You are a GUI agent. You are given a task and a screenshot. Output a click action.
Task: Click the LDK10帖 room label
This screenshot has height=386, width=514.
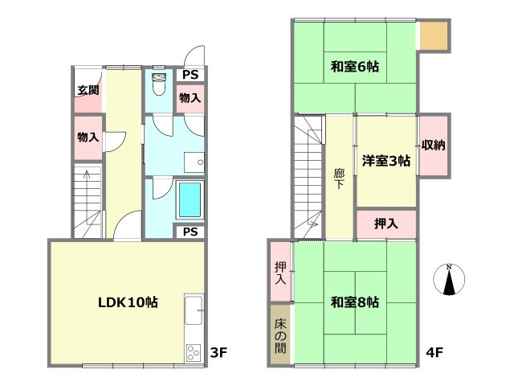tap(128, 303)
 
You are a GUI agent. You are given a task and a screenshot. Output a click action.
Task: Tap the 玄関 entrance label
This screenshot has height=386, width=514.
tap(88, 90)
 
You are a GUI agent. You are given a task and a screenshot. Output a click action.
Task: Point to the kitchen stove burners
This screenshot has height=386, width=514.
tap(194, 352)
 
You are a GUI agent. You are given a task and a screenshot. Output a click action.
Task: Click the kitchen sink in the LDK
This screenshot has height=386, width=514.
tap(194, 309)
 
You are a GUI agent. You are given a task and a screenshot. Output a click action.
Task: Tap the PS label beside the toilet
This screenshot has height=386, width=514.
tap(190, 75)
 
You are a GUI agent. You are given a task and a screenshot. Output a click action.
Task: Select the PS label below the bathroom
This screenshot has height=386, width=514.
tap(190, 232)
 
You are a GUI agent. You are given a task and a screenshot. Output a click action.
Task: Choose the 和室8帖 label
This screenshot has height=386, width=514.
tap(354, 303)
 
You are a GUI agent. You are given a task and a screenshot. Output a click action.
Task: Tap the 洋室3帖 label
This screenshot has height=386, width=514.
tap(385, 160)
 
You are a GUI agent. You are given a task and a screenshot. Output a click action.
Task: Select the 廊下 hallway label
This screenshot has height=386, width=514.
tap(340, 179)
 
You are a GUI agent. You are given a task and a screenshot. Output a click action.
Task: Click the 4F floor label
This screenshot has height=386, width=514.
tap(436, 352)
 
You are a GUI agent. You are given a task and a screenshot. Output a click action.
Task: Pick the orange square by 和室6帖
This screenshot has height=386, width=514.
tap(434, 36)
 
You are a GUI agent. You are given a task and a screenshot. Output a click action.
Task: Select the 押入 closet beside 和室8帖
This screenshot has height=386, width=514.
tap(280, 273)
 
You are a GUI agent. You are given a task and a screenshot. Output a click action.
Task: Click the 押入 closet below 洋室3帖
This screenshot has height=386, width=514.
tap(385, 224)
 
